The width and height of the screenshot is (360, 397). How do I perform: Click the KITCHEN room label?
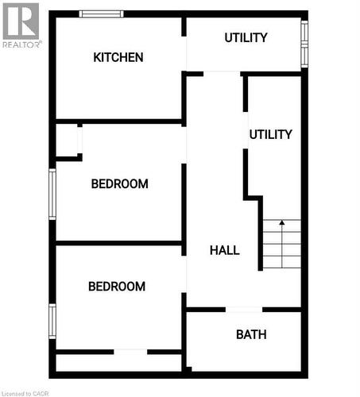118,57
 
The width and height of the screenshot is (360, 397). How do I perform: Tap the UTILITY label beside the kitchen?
246,37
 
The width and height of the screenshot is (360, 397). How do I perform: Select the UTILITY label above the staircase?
270,134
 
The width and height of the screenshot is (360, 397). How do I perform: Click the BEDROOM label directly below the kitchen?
119,183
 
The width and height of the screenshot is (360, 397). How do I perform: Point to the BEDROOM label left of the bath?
117,287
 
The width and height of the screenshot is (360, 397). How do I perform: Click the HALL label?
225,250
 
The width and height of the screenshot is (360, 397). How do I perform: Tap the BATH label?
251,334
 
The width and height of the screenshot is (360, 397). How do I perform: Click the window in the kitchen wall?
101,13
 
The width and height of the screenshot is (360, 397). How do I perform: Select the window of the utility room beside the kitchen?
304,43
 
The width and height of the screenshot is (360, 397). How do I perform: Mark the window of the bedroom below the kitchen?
52,193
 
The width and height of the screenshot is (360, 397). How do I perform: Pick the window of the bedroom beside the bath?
52,321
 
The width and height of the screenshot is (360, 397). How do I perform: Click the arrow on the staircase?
281,225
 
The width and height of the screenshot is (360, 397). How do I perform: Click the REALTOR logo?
20,24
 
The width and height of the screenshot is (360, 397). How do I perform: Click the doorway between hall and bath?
244,309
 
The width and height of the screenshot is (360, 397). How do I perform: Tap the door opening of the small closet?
79,140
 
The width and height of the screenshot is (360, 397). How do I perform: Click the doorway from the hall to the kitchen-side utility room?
222,73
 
